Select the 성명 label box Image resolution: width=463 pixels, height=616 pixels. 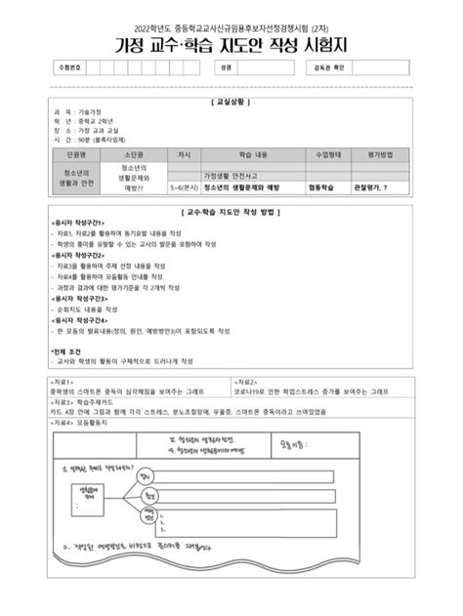pos(226,68)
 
